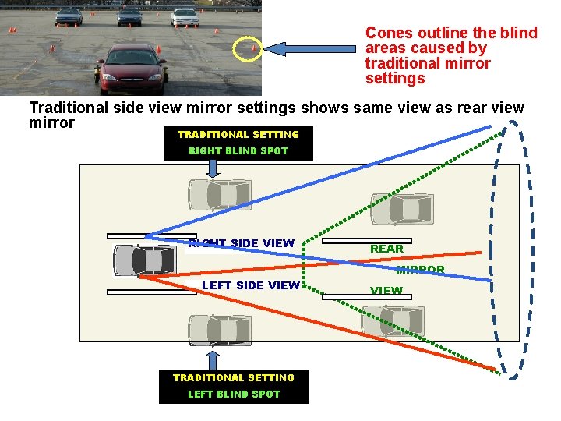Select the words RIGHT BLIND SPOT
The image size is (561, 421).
tap(238, 151)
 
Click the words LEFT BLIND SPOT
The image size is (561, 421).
tap(234, 394)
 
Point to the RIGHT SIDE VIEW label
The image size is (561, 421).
tap(242, 243)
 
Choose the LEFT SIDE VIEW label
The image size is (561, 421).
tap(251, 285)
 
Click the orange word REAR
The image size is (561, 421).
tap(386, 249)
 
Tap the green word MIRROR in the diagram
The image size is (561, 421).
tap(420, 270)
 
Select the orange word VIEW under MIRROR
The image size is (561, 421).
tap(386, 291)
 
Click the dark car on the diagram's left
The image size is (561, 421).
tap(145, 260)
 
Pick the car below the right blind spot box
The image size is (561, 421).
tap(219, 195)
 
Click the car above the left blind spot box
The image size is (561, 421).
tap(219, 330)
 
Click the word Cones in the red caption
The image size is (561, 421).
tap(387, 33)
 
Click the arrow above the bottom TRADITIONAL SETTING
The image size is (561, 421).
tap(211, 359)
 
